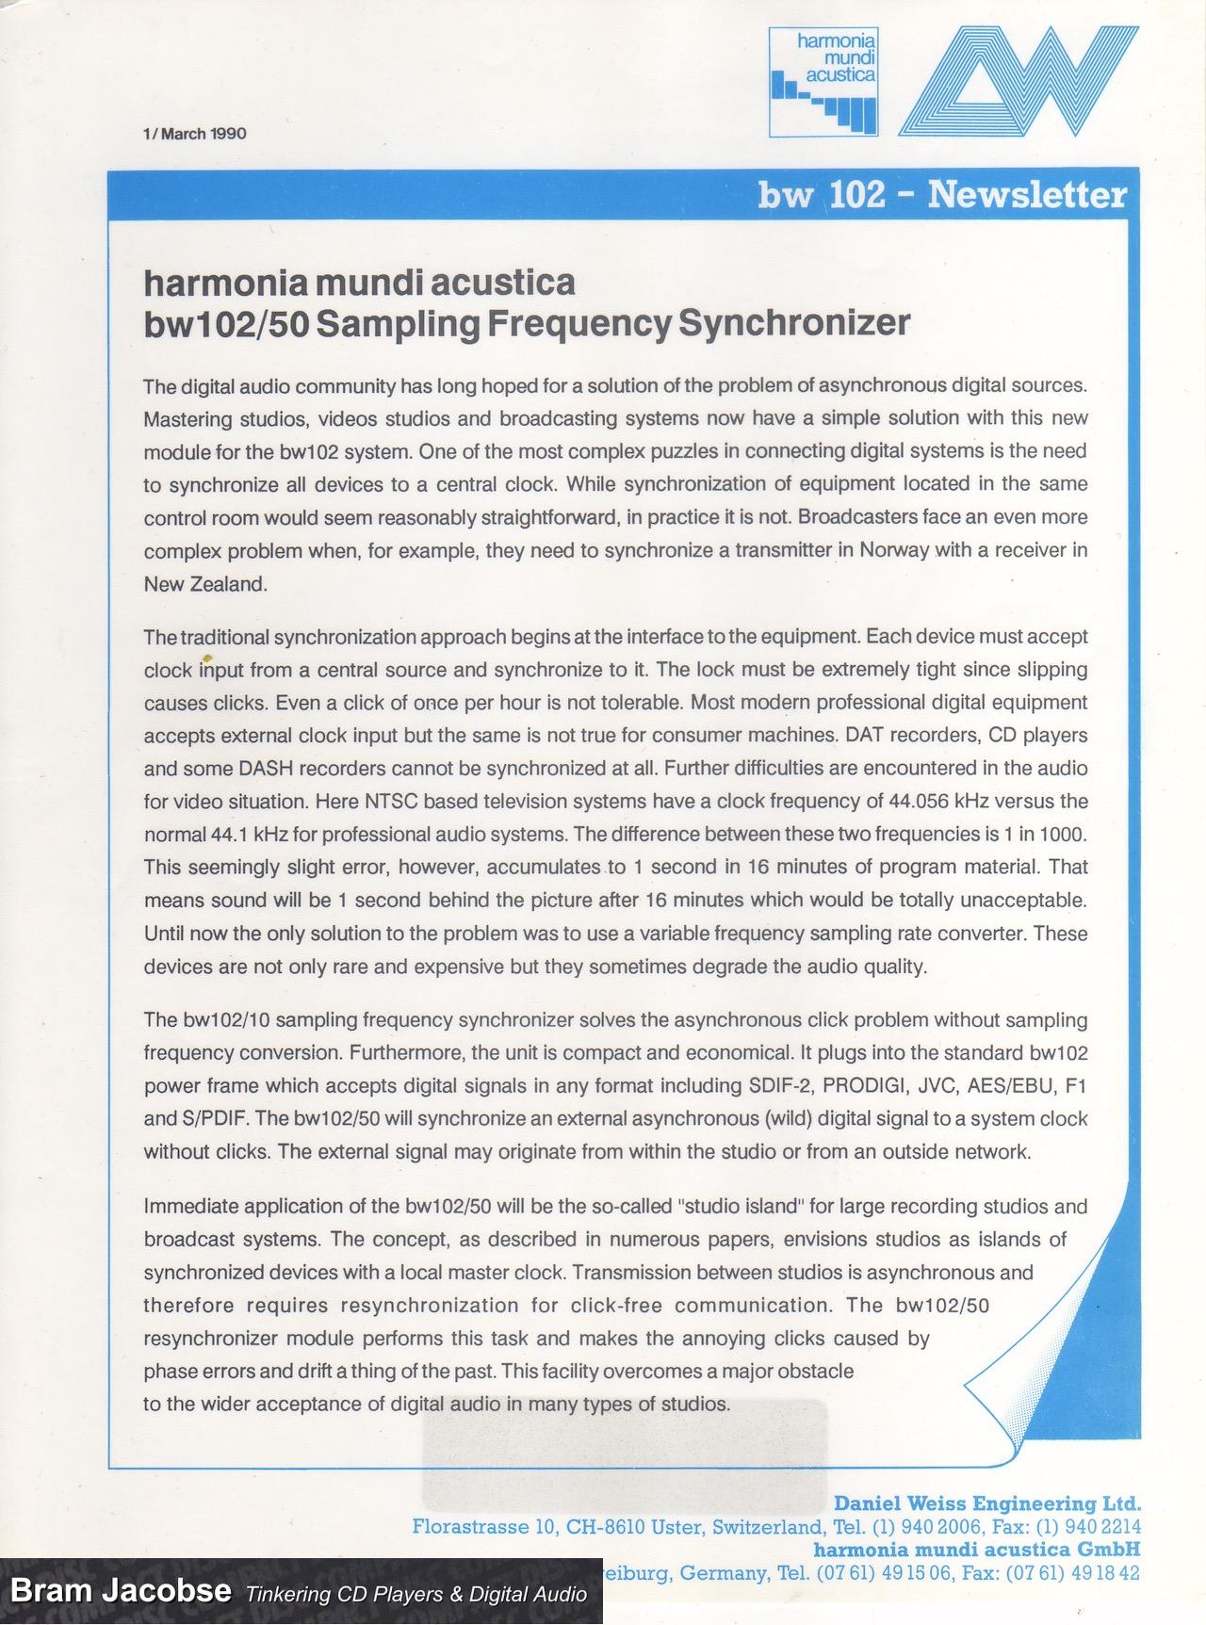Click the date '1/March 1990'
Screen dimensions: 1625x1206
tap(195, 134)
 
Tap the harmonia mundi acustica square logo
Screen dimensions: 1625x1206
tap(823, 81)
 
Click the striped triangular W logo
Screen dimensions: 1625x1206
tap(1018, 81)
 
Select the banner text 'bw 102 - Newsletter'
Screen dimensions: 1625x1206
tap(941, 195)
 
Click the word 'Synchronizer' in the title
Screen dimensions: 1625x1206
tap(793, 323)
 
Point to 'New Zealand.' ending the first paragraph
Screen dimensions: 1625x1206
tap(205, 584)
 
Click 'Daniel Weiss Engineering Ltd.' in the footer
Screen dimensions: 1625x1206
tap(987, 1503)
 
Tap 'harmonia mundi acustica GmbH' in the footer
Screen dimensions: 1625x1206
tap(977, 1549)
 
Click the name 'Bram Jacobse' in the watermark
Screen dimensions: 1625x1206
tap(121, 1591)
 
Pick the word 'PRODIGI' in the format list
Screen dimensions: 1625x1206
tap(860, 1085)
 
